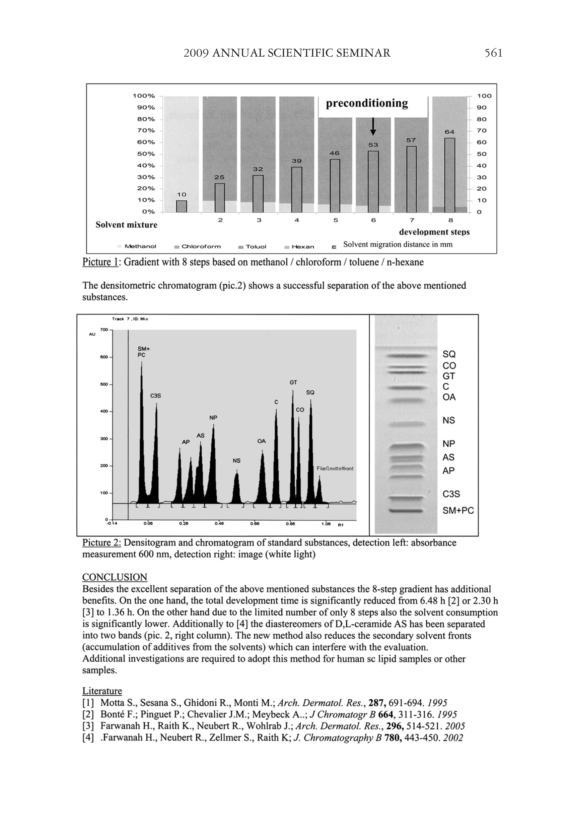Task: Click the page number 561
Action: (493, 53)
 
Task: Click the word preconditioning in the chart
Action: (367, 104)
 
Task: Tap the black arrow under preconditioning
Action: (373, 127)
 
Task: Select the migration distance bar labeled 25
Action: (219, 197)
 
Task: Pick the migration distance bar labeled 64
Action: (449, 175)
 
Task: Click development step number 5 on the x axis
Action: (335, 220)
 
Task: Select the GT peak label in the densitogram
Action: (293, 383)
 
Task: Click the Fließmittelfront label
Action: (335, 468)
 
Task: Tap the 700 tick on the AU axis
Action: (104, 330)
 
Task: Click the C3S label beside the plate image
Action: (451, 494)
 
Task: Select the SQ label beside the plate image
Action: (449, 354)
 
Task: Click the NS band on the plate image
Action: (405, 424)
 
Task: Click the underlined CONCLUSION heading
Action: (114, 577)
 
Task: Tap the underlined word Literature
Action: (102, 691)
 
